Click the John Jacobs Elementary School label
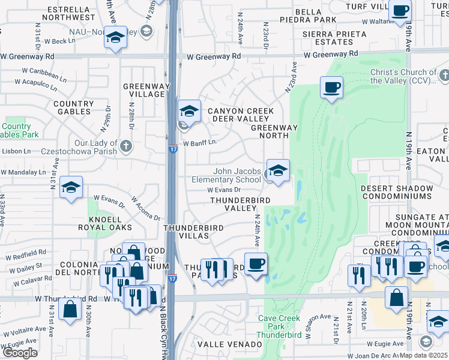point(226,175)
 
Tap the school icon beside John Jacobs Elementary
point(278,171)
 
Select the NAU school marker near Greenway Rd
point(115,38)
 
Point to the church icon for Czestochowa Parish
point(126,145)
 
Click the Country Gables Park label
point(16,130)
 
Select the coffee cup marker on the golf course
point(331,88)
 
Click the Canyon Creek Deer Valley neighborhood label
point(240,115)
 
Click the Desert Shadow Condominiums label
point(396,192)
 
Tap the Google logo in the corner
point(20,353)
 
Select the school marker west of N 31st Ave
point(71,188)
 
